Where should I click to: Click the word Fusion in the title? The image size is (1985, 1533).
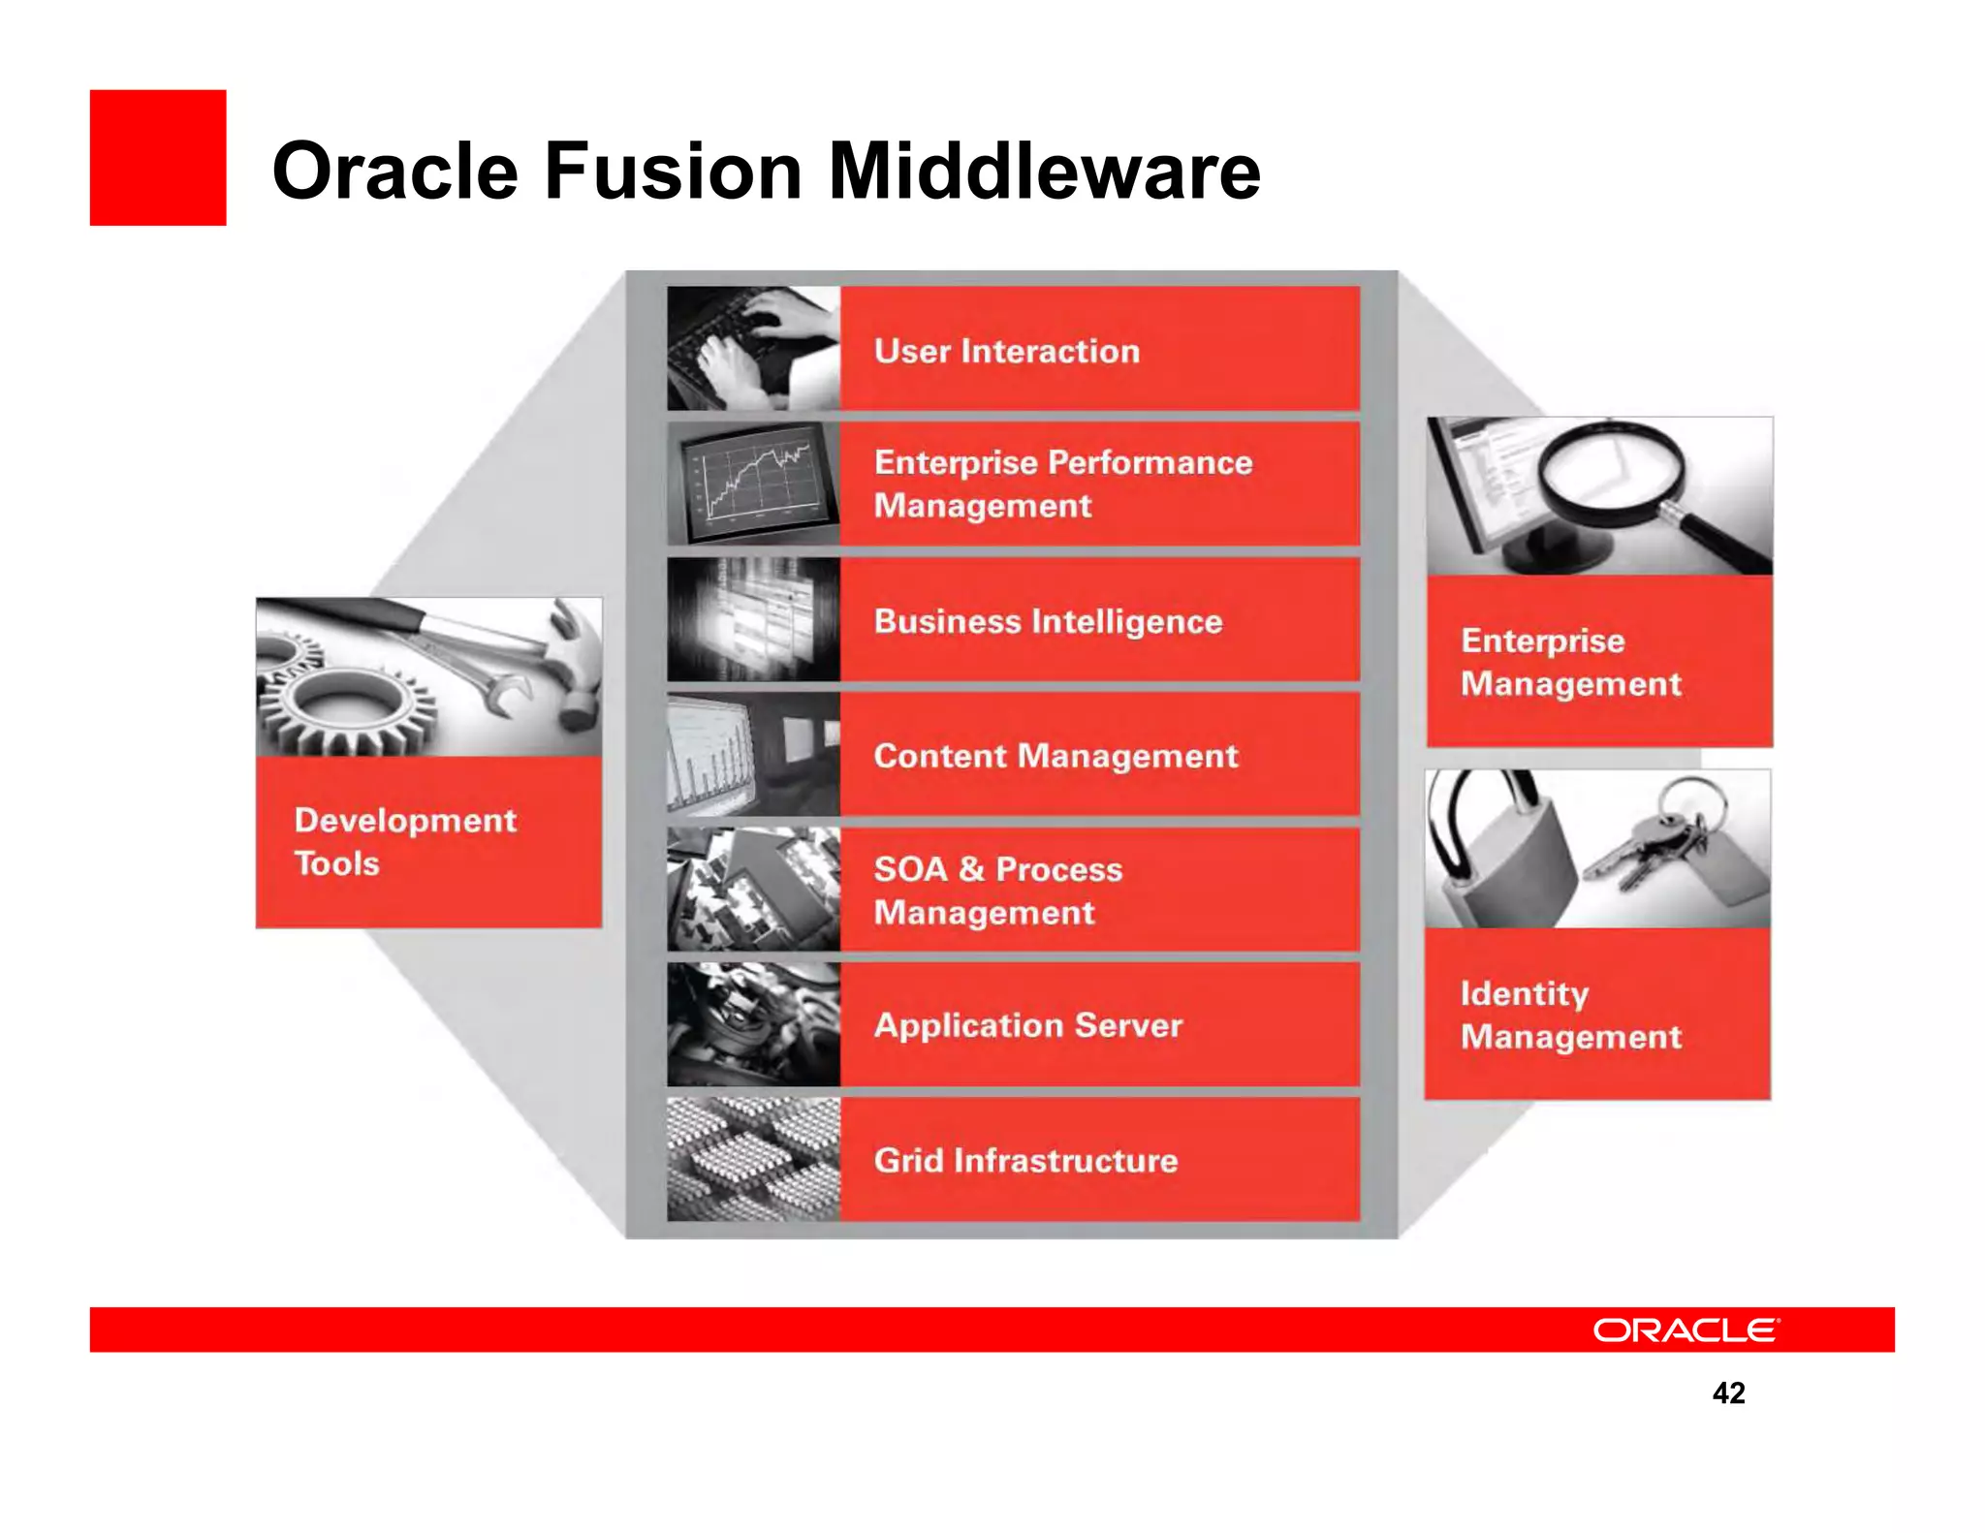(x=673, y=172)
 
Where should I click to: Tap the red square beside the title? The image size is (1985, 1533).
(x=158, y=158)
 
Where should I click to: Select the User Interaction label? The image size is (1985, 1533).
(x=1006, y=351)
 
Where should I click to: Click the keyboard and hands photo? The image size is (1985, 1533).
(x=753, y=348)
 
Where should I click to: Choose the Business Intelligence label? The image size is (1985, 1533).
(x=1047, y=621)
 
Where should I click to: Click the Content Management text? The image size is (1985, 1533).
(x=1055, y=756)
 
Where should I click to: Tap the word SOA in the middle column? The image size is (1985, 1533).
(x=909, y=869)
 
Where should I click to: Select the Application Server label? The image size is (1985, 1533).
(x=1027, y=1025)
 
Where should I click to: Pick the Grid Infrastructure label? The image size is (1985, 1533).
(x=1025, y=1160)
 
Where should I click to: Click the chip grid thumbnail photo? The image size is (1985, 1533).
(x=753, y=1159)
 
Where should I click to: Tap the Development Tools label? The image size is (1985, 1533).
(x=404, y=841)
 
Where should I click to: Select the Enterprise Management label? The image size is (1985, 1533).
(x=1570, y=662)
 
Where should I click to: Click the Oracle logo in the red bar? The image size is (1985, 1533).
(x=1685, y=1330)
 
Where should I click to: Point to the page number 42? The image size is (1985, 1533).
(x=1728, y=1392)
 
